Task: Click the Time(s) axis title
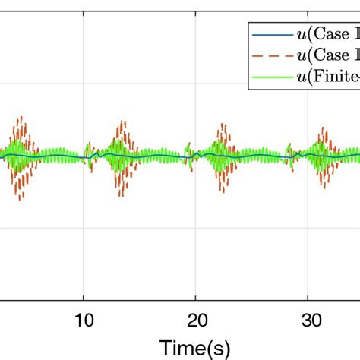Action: (x=196, y=347)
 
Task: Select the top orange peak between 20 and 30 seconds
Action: (x=222, y=122)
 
